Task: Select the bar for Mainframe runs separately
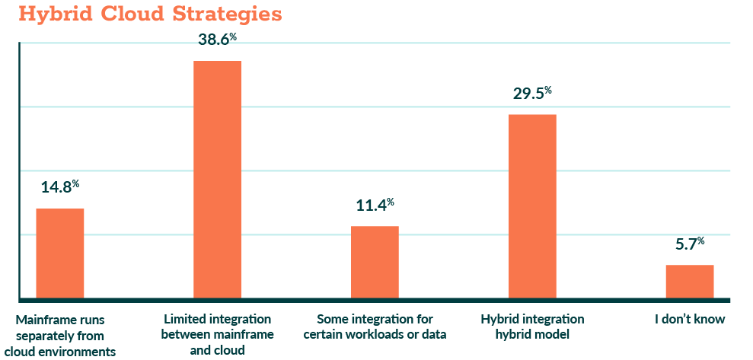pyautogui.click(x=60, y=253)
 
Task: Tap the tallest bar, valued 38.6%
pyautogui.click(x=217, y=179)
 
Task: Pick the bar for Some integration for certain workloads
pyautogui.click(x=375, y=262)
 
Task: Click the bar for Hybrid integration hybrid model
pyautogui.click(x=532, y=205)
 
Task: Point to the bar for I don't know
pyautogui.click(x=690, y=281)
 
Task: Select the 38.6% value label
pyautogui.click(x=217, y=40)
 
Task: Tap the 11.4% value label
pyautogui.click(x=375, y=205)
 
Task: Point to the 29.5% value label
pyautogui.click(x=532, y=94)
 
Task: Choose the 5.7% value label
pyautogui.click(x=690, y=244)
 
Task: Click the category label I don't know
pyautogui.click(x=690, y=319)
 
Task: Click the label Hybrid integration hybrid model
pyautogui.click(x=533, y=326)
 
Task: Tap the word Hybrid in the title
pyautogui.click(x=50, y=14)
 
